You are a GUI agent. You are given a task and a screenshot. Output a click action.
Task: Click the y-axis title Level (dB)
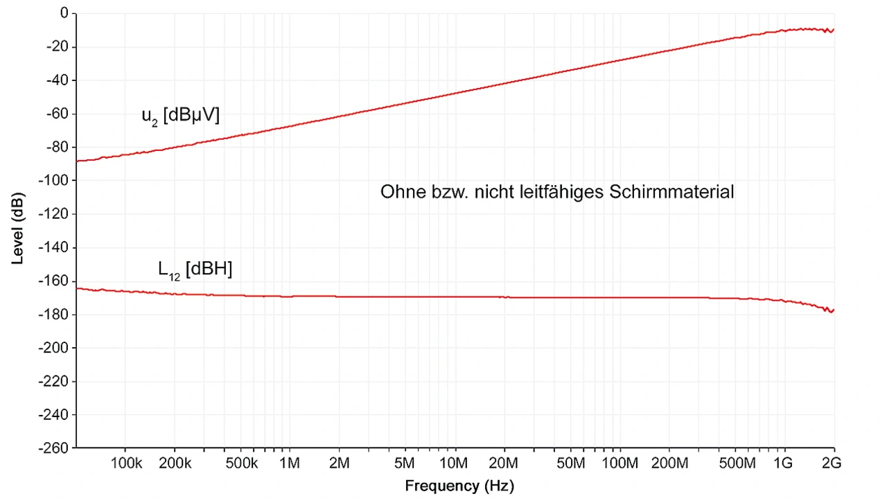point(19,230)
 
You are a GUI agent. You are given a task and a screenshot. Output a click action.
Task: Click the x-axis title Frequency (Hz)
point(459,486)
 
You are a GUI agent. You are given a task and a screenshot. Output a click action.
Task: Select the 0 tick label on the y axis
point(64,13)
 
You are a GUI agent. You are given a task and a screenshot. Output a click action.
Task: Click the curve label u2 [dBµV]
point(180,116)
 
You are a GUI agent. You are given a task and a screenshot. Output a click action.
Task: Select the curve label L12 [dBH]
point(195,270)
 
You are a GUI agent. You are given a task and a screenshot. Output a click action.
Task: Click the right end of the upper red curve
point(833,30)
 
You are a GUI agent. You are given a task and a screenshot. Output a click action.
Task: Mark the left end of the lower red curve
point(77,288)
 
